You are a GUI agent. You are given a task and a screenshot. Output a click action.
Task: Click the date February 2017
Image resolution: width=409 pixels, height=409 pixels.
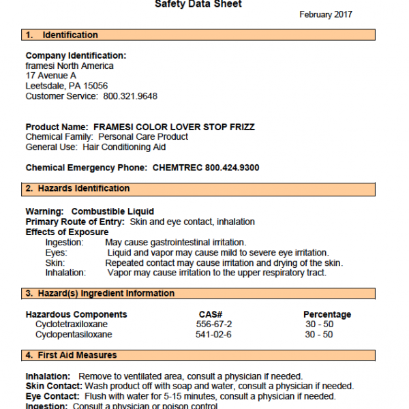(326, 15)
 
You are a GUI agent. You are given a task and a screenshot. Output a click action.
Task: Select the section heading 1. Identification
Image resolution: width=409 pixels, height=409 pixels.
(62, 35)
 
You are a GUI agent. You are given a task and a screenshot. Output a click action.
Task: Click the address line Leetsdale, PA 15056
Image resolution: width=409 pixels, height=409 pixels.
(66, 86)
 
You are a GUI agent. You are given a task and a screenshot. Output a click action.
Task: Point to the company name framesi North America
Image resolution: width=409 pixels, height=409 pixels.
(70, 65)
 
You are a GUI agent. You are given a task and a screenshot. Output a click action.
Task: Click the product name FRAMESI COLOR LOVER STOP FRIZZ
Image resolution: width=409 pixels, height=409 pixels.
(174, 127)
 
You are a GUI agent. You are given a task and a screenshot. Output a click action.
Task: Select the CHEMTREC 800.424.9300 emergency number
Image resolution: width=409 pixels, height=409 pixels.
(206, 168)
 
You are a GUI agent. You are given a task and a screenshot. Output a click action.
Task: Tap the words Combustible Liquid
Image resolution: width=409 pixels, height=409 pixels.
(112, 211)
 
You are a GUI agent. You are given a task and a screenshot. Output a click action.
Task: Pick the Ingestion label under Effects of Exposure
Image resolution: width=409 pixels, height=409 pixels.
(64, 242)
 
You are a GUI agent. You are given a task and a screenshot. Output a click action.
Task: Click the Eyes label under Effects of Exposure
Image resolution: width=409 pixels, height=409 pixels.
(56, 252)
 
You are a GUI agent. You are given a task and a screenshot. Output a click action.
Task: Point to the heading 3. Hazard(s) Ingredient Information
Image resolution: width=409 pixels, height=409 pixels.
(100, 293)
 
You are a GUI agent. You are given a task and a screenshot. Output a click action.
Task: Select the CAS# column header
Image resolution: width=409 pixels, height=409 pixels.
(212, 314)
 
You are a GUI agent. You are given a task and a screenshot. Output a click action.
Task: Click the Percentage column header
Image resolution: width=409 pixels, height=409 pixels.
(327, 314)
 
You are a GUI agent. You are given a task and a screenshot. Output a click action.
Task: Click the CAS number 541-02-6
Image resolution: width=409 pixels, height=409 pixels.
(214, 335)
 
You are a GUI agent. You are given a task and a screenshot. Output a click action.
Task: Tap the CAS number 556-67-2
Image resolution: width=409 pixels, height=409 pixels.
(214, 324)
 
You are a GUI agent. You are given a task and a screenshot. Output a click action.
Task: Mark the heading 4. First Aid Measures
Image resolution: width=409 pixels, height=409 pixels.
(72, 355)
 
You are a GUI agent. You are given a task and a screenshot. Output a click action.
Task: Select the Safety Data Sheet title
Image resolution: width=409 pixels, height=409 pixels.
(198, 4)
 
